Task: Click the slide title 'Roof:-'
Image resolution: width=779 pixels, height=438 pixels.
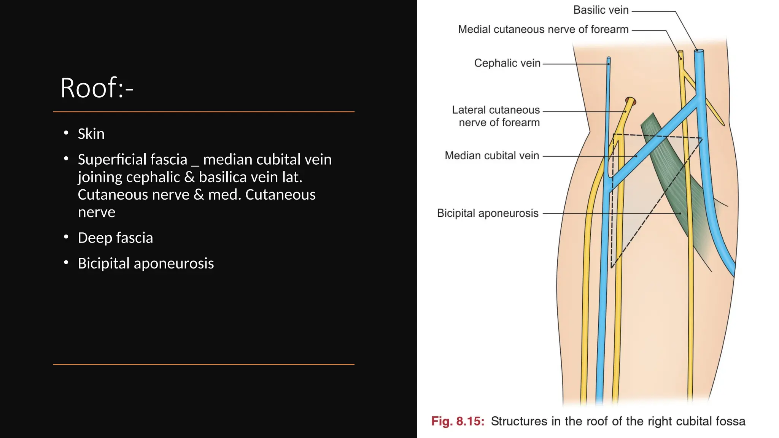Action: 97,88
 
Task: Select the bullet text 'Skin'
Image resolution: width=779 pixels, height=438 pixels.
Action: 91,134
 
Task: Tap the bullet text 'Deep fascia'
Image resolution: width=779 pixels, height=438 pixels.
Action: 115,238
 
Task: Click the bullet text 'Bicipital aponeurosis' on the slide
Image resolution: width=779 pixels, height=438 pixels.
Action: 146,263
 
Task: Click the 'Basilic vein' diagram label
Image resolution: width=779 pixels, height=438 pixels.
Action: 601,10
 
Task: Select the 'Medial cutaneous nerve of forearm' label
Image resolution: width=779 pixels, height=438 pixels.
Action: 543,29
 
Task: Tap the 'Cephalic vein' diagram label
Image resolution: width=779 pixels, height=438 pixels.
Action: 507,63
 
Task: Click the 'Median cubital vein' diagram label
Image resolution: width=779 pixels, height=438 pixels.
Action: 492,156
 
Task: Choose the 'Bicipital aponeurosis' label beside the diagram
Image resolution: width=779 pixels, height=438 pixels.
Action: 488,213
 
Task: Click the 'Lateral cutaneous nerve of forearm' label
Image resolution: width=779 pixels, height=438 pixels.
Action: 496,116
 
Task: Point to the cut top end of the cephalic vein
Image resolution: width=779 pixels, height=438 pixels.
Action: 609,59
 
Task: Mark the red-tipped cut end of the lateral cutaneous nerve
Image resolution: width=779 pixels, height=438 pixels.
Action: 631,101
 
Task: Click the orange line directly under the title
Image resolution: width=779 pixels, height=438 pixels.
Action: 203,112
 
